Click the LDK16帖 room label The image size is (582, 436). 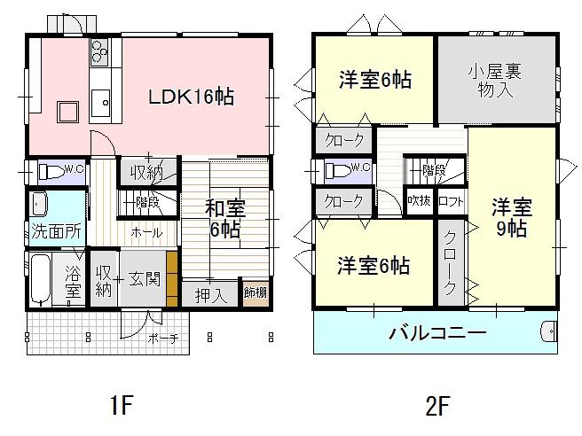[x=191, y=97]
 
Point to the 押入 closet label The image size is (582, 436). [x=210, y=293]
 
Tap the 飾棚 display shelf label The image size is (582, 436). [x=256, y=292]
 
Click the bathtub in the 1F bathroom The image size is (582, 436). [x=39, y=279]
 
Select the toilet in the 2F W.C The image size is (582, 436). [x=340, y=169]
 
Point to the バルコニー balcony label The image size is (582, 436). [x=437, y=334]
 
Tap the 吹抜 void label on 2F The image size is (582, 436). [x=420, y=201]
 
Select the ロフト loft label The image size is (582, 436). [x=449, y=201]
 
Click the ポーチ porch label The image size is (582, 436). [x=162, y=338]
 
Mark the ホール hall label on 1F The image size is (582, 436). [x=146, y=232]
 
